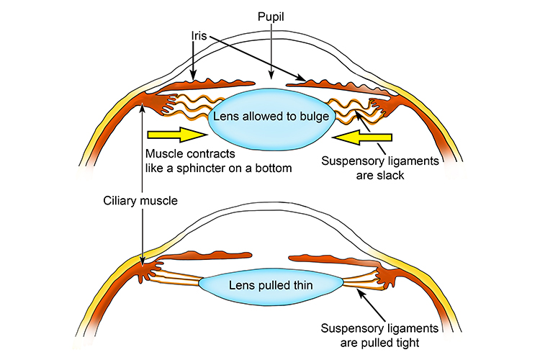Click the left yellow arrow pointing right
[x=177, y=134]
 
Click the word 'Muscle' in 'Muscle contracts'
[x=163, y=154]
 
